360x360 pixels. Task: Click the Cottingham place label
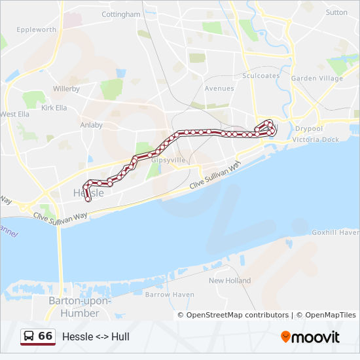(x=121, y=14)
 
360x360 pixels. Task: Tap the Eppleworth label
(x=37, y=30)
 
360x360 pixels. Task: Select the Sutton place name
(x=336, y=12)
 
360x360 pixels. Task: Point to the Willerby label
(x=66, y=88)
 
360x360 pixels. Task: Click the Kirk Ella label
(x=54, y=108)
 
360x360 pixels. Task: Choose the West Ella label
(x=15, y=114)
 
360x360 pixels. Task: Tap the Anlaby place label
(x=91, y=125)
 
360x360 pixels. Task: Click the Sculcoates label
(x=261, y=76)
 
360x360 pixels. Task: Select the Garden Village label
(x=317, y=79)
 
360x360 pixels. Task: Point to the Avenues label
(x=219, y=88)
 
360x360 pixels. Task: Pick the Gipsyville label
(x=168, y=160)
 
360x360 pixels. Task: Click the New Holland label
(x=230, y=281)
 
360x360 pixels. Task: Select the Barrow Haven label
(x=170, y=295)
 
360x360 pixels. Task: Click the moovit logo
(x=310, y=337)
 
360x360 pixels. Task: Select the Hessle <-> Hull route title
(x=96, y=336)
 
